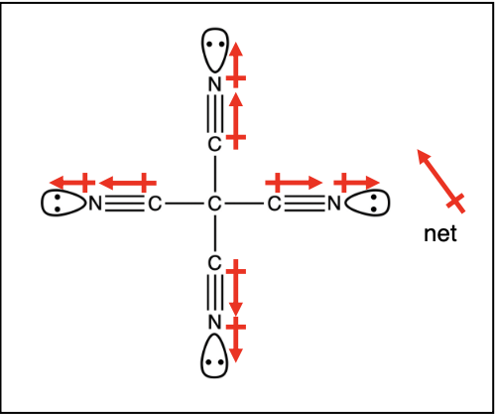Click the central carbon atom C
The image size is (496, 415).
[214, 204]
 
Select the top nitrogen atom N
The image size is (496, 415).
[215, 84]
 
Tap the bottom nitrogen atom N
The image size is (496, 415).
[215, 322]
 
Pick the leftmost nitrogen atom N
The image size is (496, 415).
[95, 204]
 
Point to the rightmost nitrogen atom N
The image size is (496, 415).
[334, 204]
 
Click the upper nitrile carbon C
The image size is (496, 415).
[214, 144]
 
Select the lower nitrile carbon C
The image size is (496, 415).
[214, 263]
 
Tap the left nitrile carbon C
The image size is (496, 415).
[155, 204]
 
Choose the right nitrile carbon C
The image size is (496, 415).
[274, 204]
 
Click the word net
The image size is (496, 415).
[440, 233]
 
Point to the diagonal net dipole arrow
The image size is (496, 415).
[441, 181]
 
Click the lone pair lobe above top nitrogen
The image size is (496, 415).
[215, 51]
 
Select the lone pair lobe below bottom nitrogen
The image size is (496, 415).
[214, 355]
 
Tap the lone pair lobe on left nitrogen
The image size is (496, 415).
[63, 203]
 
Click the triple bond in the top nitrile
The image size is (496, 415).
[215, 114]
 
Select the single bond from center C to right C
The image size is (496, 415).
[244, 204]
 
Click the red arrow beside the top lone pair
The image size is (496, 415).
[236, 65]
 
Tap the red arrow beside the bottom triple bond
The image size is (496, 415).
[236, 288]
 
